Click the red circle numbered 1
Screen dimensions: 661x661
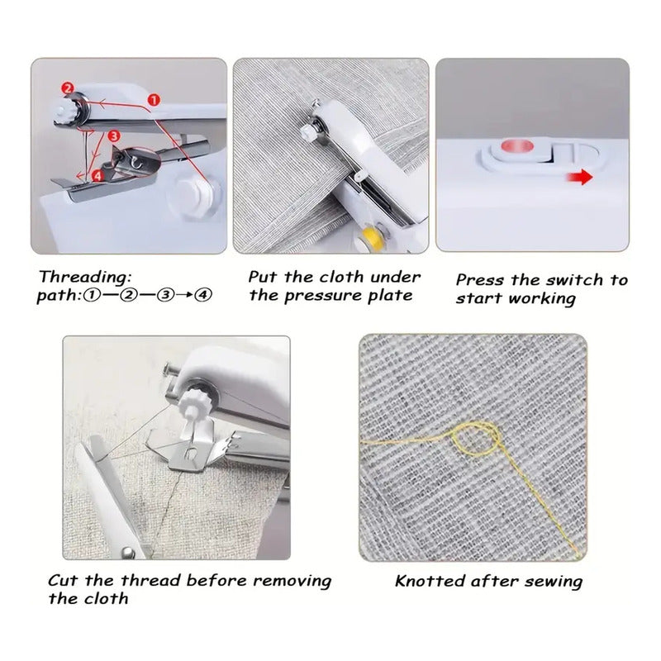click(x=154, y=100)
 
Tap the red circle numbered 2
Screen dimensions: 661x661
click(x=68, y=88)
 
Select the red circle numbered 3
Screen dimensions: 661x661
click(x=114, y=136)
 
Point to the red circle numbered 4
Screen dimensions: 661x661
click(x=97, y=175)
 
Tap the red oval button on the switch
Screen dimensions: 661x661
click(x=517, y=147)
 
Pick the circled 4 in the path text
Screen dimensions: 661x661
click(x=203, y=295)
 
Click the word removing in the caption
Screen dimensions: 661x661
click(x=292, y=582)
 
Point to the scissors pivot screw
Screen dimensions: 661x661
click(x=128, y=551)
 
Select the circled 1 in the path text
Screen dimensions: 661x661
click(x=92, y=295)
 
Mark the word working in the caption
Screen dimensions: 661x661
click(x=542, y=299)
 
